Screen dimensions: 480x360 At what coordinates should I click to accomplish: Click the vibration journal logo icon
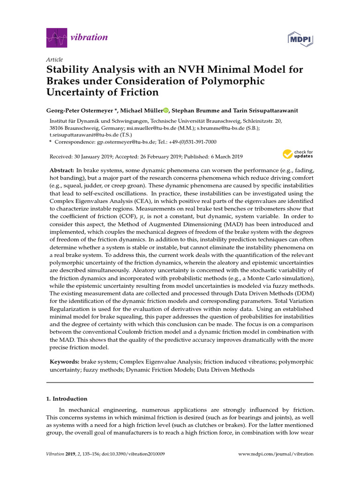(57, 37)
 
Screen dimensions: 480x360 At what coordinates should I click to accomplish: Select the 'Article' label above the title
(54, 60)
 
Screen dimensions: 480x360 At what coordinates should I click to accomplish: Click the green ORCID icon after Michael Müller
(166, 111)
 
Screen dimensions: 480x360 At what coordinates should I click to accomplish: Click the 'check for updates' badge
(298, 154)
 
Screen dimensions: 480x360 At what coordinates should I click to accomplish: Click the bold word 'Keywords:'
(65, 362)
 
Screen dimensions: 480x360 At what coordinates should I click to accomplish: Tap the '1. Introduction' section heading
(67, 399)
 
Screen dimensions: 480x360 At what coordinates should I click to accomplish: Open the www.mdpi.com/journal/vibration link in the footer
(276, 454)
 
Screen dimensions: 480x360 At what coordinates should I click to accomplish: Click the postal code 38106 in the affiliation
(58, 127)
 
